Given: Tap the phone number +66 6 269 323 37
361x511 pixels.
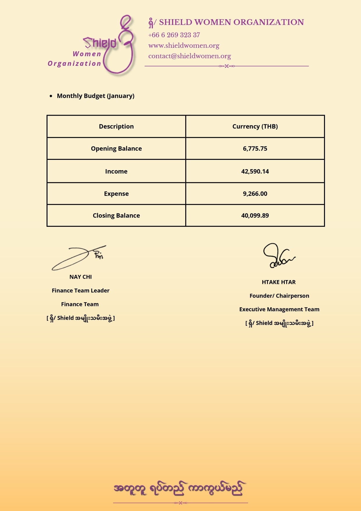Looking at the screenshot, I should tap(174, 35).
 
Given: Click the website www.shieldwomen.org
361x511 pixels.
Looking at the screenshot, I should tap(184, 45).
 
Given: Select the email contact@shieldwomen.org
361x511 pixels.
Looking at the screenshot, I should tap(189, 56).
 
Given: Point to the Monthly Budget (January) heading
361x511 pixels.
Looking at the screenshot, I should tap(95, 96).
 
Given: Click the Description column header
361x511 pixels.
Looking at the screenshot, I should tap(116, 126).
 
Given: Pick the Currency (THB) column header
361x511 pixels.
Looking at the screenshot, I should tap(255, 126).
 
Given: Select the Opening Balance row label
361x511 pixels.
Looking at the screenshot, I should tap(116, 148).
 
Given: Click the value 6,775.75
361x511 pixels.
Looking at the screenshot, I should tap(255, 148).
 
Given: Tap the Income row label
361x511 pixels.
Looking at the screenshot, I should tap(116, 171).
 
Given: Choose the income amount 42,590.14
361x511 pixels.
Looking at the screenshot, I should tap(255, 171).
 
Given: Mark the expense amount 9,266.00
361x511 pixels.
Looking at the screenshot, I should tap(255, 194).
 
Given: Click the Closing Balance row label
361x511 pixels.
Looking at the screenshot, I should tap(116, 215).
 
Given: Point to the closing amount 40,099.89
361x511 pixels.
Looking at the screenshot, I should tap(255, 215).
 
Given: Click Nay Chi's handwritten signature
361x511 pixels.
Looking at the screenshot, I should tap(79, 257).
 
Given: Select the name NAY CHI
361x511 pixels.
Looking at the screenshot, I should tap(81, 277).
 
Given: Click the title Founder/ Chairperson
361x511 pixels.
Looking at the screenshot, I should tap(279, 296).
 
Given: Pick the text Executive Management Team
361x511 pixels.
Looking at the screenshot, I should tap(279, 309).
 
